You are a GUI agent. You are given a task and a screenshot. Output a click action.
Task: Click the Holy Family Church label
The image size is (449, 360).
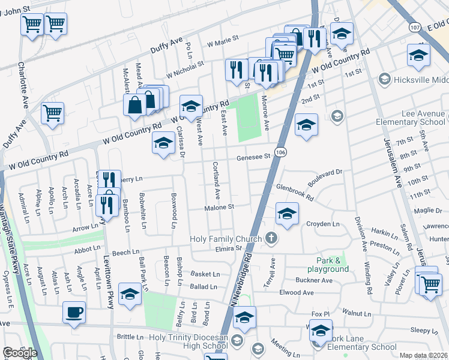[x=226, y=239]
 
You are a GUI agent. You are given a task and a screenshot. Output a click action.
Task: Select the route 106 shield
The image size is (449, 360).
[x=280, y=152]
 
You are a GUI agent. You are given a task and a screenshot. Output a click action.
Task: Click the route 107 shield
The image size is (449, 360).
[x=414, y=27]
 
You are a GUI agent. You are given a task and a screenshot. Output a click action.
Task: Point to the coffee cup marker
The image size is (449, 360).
[x=74, y=312]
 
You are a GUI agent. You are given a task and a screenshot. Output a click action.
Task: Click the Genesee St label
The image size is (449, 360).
[x=254, y=157]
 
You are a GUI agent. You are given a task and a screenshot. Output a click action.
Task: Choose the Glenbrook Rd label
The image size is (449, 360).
[x=295, y=193]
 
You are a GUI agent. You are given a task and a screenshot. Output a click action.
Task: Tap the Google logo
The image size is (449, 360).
[x=20, y=353]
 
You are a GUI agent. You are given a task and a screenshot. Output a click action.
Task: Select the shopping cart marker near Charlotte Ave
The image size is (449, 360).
[x=53, y=112]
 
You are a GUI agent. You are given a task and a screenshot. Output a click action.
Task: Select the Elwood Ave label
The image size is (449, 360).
[x=297, y=293]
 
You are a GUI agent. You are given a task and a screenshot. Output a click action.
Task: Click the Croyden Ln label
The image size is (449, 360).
[x=323, y=224]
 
